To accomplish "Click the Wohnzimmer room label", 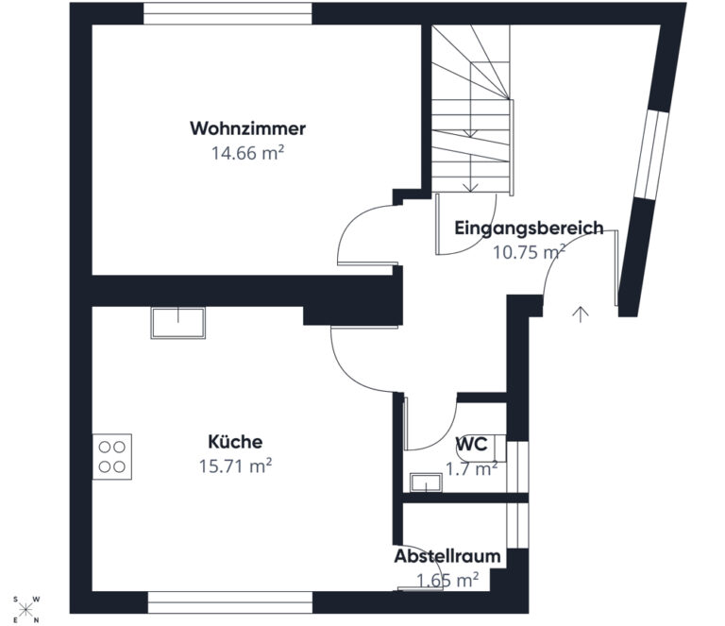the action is tap(248, 128).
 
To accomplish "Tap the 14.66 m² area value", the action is tap(248, 153).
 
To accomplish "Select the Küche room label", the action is tap(235, 442).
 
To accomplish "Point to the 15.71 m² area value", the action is tap(235, 466).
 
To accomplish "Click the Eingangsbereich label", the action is tap(529, 228).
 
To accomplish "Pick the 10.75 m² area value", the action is tap(529, 252).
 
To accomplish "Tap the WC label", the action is tap(472, 444).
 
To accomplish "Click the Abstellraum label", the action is tap(447, 556).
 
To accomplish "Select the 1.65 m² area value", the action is tap(447, 580).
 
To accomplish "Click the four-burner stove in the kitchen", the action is tap(112, 456).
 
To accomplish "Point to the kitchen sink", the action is tap(178, 323).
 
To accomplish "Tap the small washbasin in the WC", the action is tap(426, 482).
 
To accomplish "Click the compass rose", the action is tap(26, 609).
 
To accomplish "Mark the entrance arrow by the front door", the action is tap(581, 313).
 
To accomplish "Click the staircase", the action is tap(473, 110).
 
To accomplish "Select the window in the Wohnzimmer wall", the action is tap(228, 13).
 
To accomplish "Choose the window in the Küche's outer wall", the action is tap(230, 602).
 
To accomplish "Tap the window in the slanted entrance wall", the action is tap(652, 155).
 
